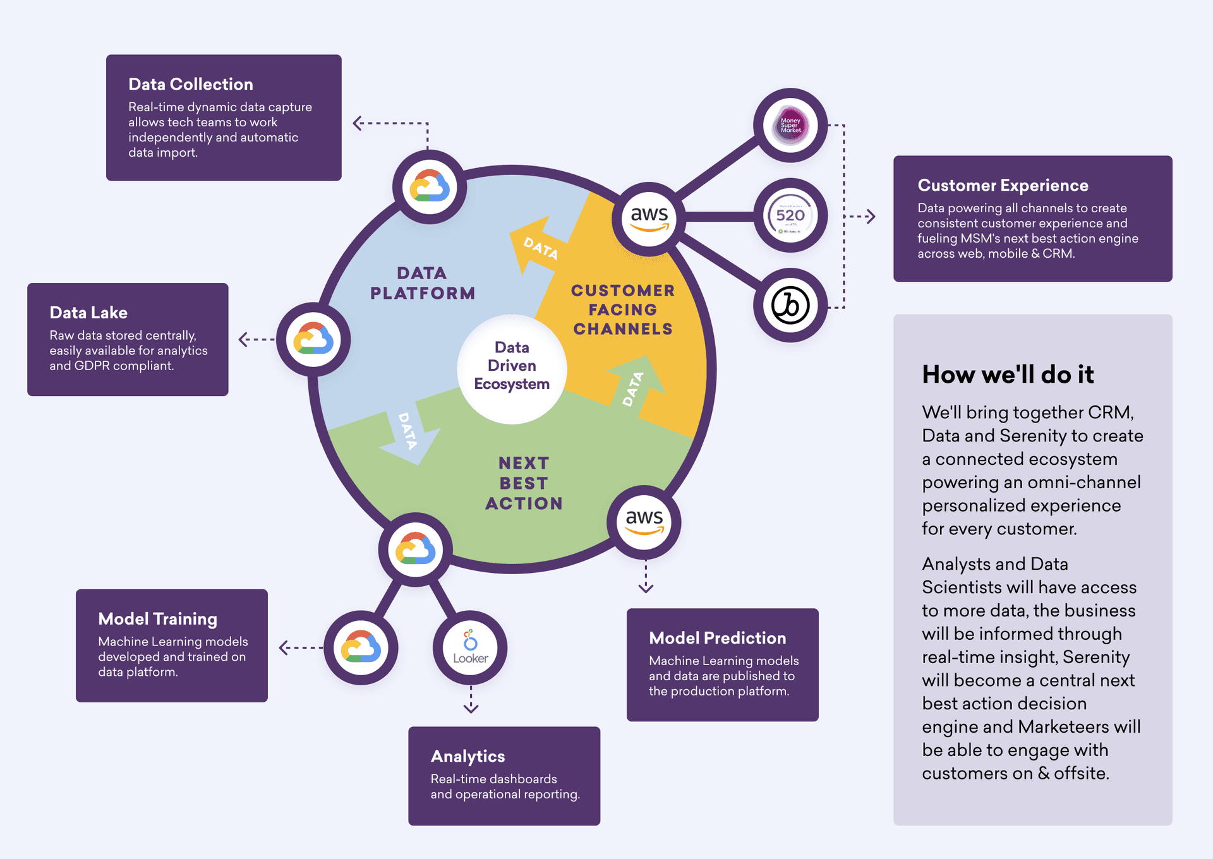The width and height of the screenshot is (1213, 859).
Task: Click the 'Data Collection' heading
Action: (190, 84)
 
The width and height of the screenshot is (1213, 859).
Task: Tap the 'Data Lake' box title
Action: (88, 313)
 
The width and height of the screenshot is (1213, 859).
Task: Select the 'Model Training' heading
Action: (157, 619)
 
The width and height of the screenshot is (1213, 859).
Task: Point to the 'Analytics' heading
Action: (468, 756)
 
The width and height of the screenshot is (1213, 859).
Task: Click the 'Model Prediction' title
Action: (717, 638)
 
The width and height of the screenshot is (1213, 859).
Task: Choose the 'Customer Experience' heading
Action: (1003, 185)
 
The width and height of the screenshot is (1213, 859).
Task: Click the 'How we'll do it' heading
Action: (1008, 375)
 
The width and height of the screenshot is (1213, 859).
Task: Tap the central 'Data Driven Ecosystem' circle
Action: (512, 366)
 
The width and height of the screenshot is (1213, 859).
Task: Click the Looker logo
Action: (470, 647)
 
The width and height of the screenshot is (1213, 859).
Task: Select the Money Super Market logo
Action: (790, 125)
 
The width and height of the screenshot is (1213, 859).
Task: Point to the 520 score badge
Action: (790, 215)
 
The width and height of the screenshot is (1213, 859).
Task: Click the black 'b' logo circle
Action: (790, 306)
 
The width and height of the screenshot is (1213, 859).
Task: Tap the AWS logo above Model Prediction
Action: (644, 522)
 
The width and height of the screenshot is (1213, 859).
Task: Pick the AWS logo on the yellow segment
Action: (649, 218)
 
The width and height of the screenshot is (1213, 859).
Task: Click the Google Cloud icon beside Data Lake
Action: (313, 340)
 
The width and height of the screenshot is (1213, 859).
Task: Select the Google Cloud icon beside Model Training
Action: (361, 647)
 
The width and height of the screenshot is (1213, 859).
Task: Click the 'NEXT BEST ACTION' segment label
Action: (524, 483)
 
